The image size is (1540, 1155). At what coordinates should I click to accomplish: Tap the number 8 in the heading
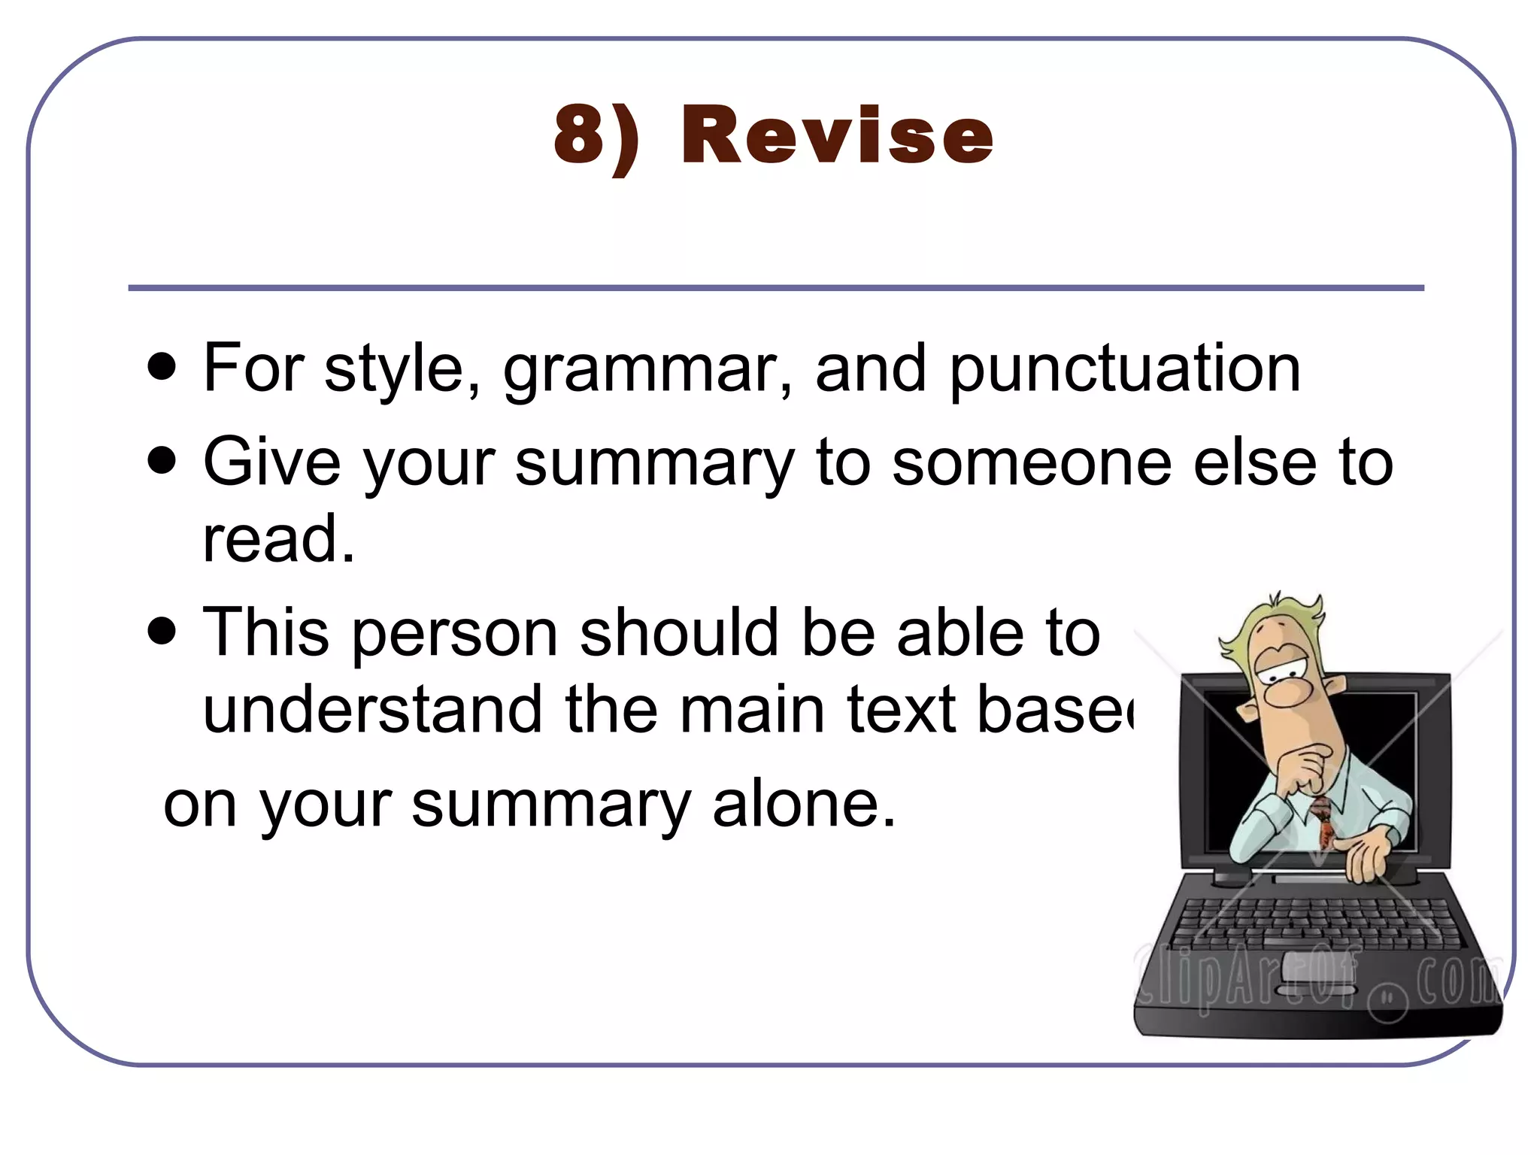(581, 135)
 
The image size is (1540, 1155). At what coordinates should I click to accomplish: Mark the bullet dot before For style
(162, 368)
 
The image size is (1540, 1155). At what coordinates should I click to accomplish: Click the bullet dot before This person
(162, 630)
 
